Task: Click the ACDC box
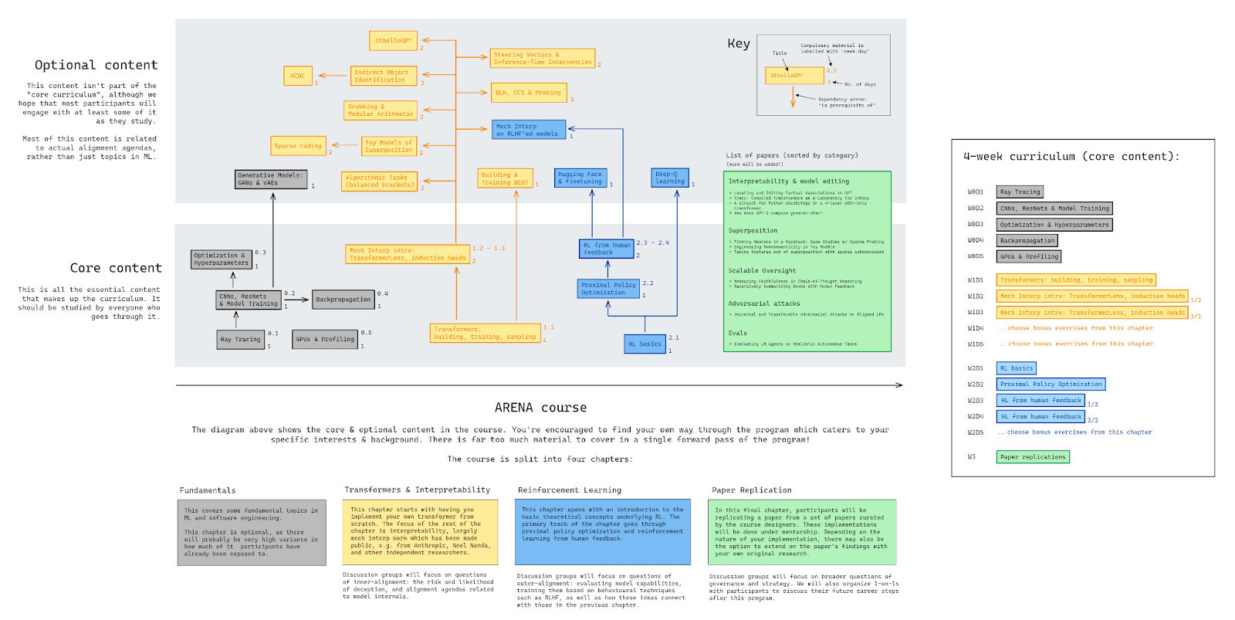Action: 297,76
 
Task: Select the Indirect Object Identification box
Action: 384,76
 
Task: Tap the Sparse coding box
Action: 298,145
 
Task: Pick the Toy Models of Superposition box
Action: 389,146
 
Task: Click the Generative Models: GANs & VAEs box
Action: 271,179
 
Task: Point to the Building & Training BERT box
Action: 505,178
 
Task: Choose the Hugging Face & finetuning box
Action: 580,178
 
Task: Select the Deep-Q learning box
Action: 670,178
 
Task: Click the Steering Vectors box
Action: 543,59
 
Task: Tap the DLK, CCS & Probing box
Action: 529,93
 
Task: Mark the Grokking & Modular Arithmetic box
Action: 381,110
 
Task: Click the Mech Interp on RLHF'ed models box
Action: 529,130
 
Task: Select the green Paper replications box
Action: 1033,456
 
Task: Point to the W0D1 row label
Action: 976,191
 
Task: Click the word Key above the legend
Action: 739,43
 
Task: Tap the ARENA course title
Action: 540,408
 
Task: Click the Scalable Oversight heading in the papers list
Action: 762,271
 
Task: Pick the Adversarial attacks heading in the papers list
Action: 764,303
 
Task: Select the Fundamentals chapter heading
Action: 208,490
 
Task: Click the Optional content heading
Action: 96,65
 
